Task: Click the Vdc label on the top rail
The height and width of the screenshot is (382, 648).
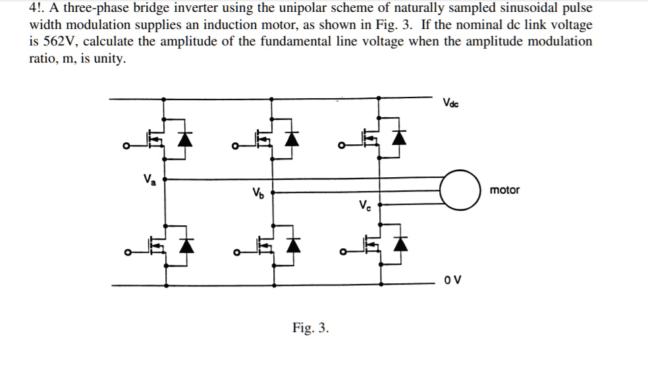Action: coord(451,103)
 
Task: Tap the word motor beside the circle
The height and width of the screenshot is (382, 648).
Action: coord(504,190)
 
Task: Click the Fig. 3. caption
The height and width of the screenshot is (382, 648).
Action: coord(310,327)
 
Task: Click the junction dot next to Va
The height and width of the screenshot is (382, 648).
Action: coord(165,178)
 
